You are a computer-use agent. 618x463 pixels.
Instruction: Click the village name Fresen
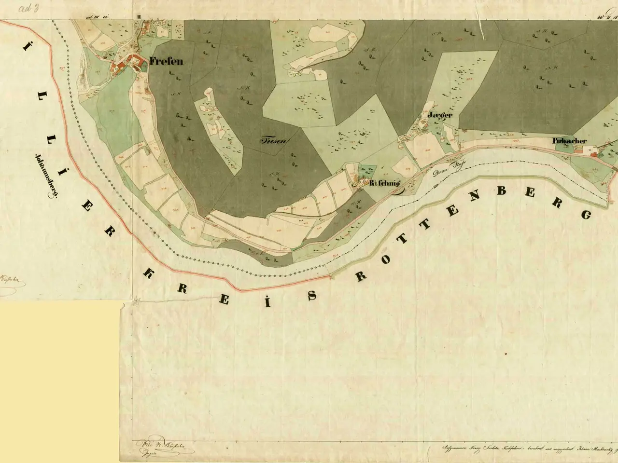166,62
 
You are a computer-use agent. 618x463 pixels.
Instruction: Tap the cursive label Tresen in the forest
274,141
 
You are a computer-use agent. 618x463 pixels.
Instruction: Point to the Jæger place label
440,116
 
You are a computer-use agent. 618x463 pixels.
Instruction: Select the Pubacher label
570,141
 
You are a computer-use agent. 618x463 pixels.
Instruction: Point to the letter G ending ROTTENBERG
587,215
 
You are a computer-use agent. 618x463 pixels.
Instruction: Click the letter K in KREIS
150,273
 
